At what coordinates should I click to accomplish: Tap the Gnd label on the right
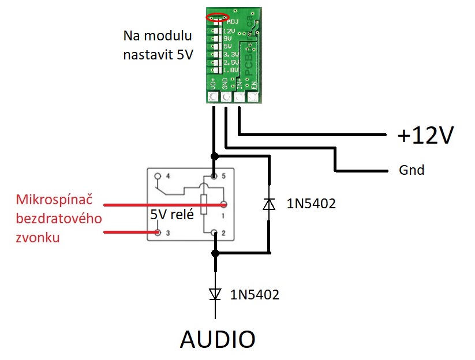pos(411,170)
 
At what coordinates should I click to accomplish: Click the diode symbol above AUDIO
pos(215,294)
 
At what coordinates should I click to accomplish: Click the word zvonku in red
pos(39,237)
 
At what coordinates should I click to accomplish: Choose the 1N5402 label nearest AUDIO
pos(255,295)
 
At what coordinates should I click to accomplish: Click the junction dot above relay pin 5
pos(215,156)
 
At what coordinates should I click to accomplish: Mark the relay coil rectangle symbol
pos(204,205)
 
